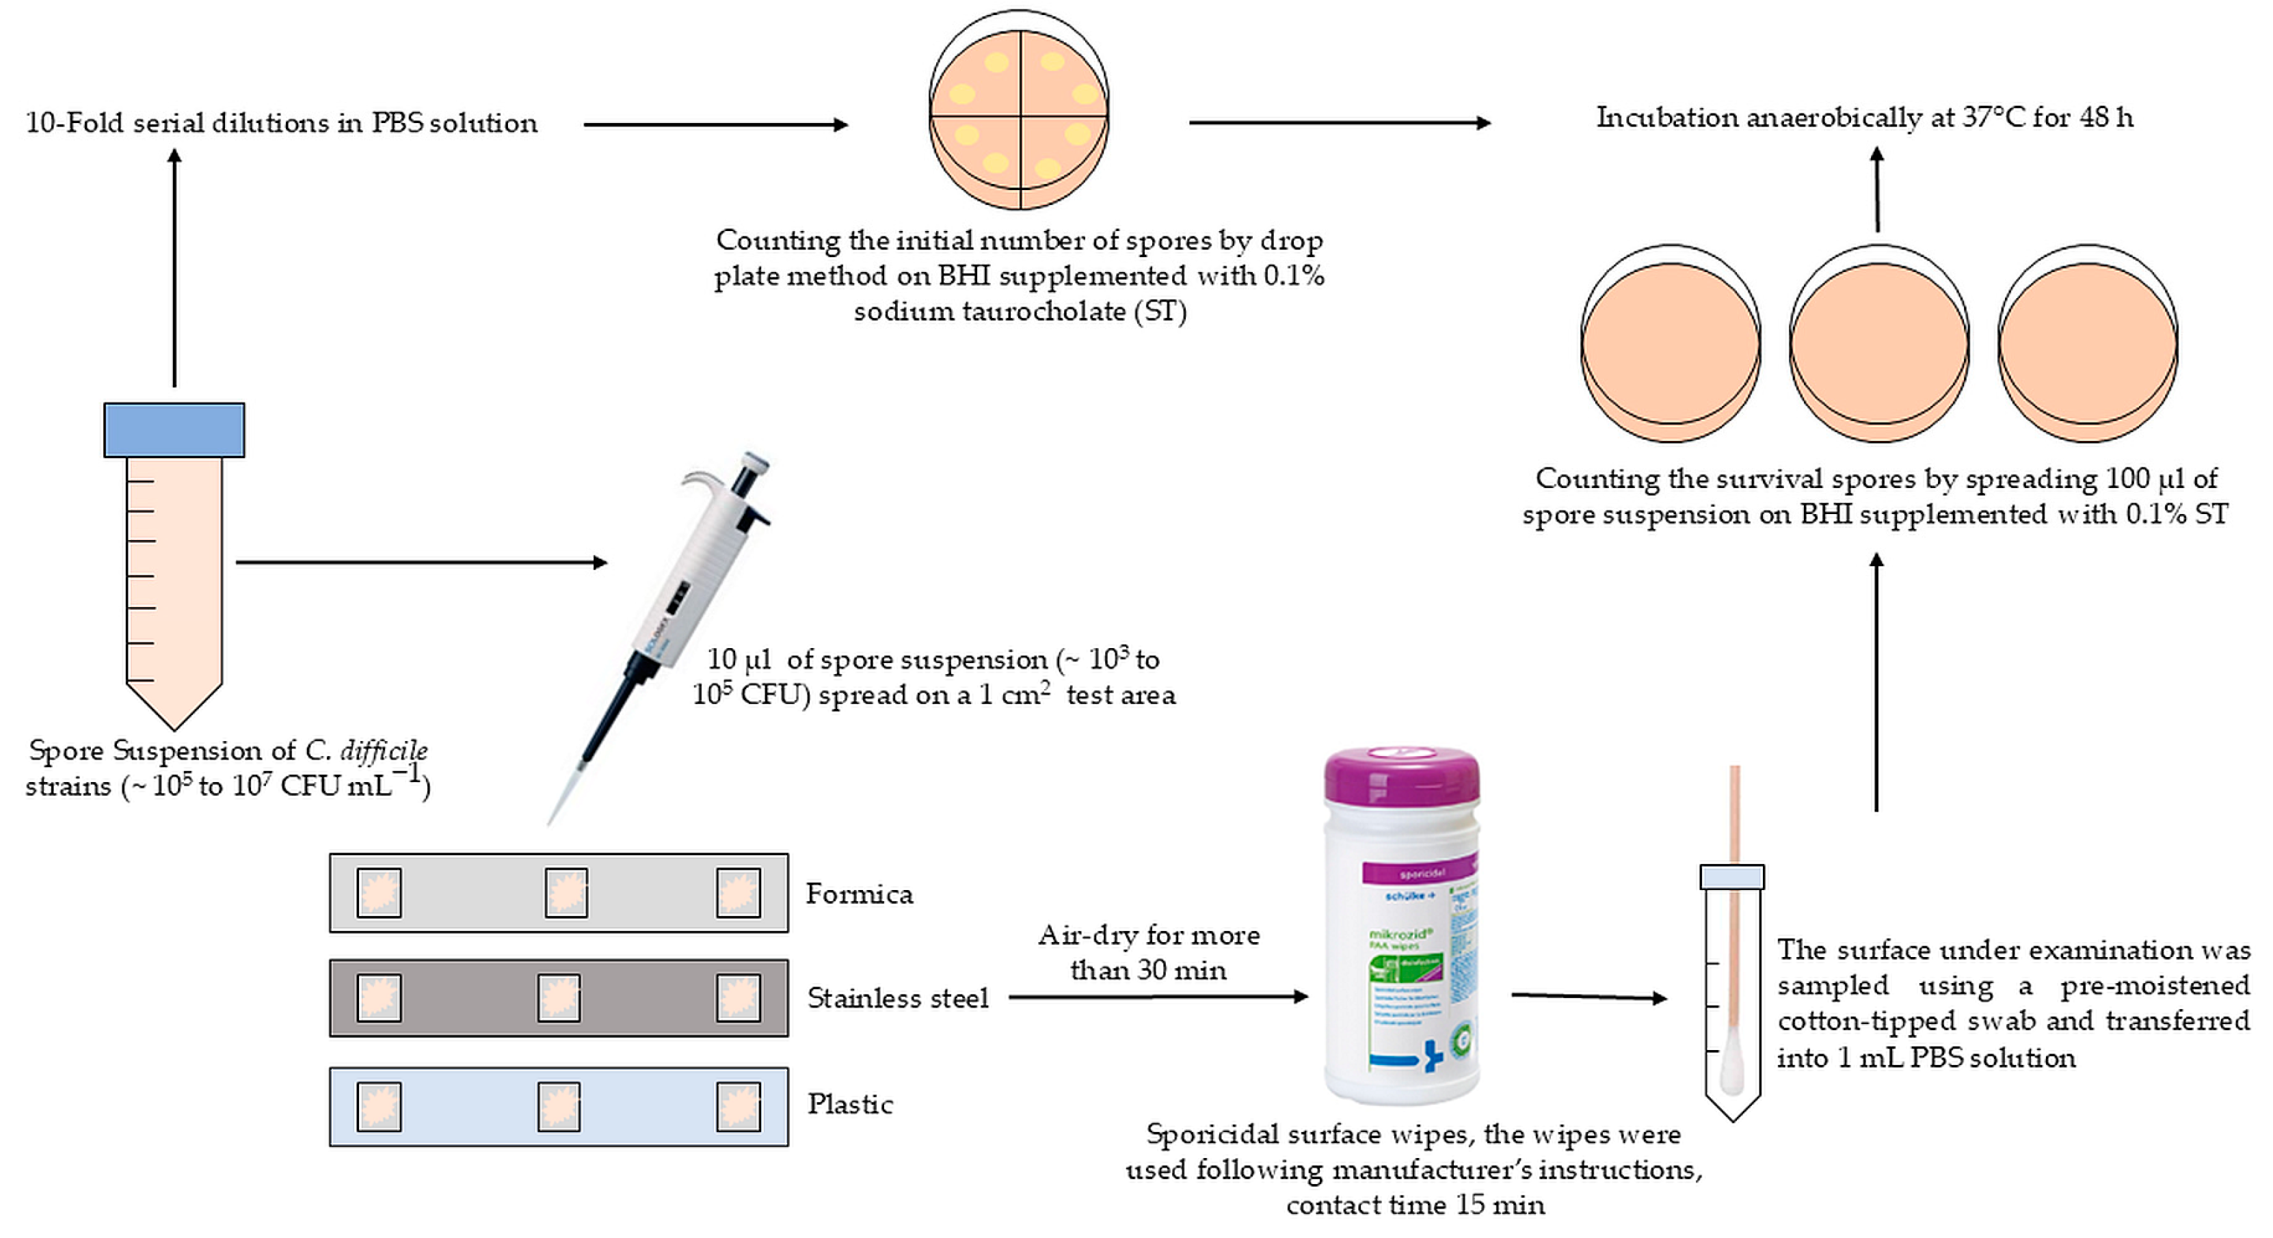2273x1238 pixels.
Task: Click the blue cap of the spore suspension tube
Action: [x=174, y=430]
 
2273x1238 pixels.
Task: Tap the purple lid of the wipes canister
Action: [x=1402, y=775]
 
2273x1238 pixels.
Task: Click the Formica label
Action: [x=859, y=894]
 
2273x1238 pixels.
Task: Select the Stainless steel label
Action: [x=897, y=998]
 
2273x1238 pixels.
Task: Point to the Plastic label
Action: [x=850, y=1104]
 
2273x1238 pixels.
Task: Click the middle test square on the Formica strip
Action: [x=566, y=892]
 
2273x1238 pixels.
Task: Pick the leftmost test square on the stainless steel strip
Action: [x=379, y=998]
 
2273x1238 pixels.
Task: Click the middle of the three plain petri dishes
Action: [x=1878, y=344]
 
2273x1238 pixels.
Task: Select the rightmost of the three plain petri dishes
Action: [x=2088, y=344]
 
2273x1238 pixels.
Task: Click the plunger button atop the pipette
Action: [x=754, y=461]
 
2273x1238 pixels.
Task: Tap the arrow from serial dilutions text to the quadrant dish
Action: [x=715, y=124]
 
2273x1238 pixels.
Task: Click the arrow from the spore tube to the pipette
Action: [x=421, y=562]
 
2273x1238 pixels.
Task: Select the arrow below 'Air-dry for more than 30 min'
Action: [x=1157, y=996]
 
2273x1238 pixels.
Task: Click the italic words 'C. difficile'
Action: [x=367, y=750]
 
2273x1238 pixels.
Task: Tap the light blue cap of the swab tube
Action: [x=1731, y=876]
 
